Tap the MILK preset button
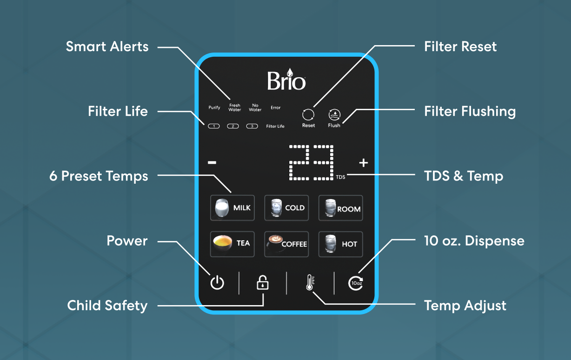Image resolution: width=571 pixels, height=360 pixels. click(232, 208)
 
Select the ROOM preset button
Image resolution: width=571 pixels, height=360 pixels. click(340, 208)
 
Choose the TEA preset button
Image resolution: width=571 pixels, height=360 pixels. click(232, 244)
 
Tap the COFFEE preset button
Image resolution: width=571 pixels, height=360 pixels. click(286, 244)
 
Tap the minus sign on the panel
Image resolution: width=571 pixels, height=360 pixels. click(212, 162)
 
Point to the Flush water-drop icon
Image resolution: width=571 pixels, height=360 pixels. click(334, 115)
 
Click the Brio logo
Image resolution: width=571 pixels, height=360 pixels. click(286, 79)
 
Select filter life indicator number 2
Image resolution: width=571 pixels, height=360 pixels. click(233, 126)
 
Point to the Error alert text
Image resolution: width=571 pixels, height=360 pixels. click(276, 107)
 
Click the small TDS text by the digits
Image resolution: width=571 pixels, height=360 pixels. click(340, 177)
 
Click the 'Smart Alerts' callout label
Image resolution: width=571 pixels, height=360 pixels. click(107, 47)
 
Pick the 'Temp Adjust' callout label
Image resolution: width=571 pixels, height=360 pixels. click(465, 306)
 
